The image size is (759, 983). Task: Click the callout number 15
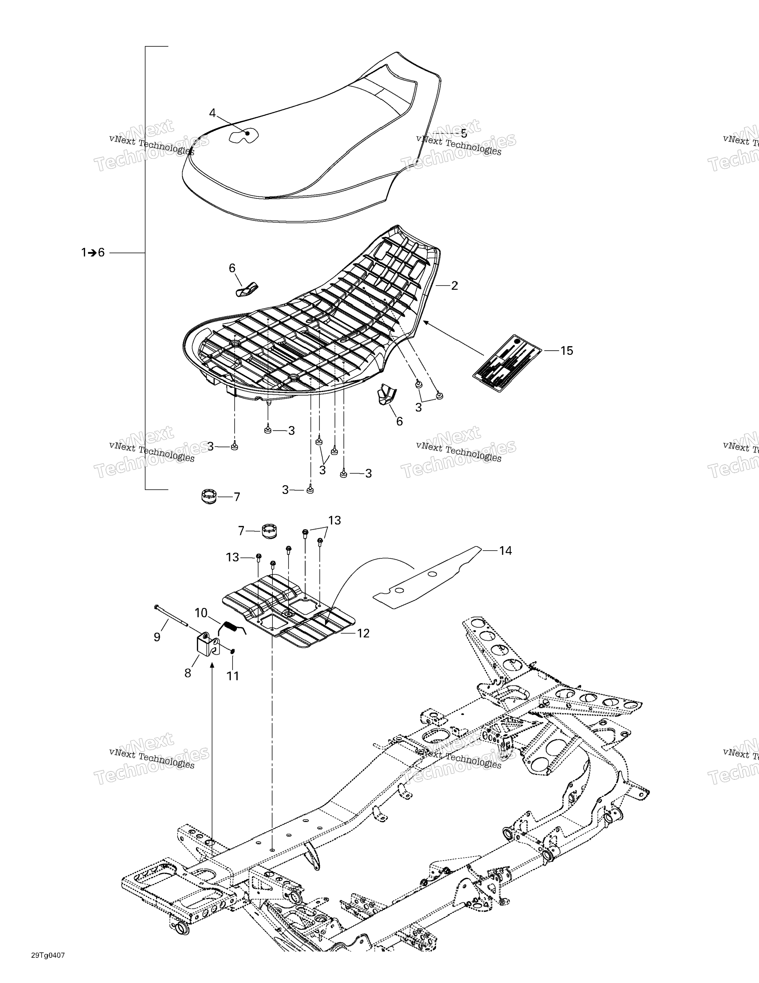point(566,351)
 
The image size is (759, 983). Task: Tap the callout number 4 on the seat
point(212,113)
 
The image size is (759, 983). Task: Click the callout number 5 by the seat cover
point(463,134)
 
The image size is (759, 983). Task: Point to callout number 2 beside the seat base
point(454,285)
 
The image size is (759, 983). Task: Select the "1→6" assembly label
point(93,253)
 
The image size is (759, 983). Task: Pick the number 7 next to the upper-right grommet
point(241,531)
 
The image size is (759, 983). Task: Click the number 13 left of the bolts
point(232,558)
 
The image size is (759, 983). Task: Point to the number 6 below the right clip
point(399,421)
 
